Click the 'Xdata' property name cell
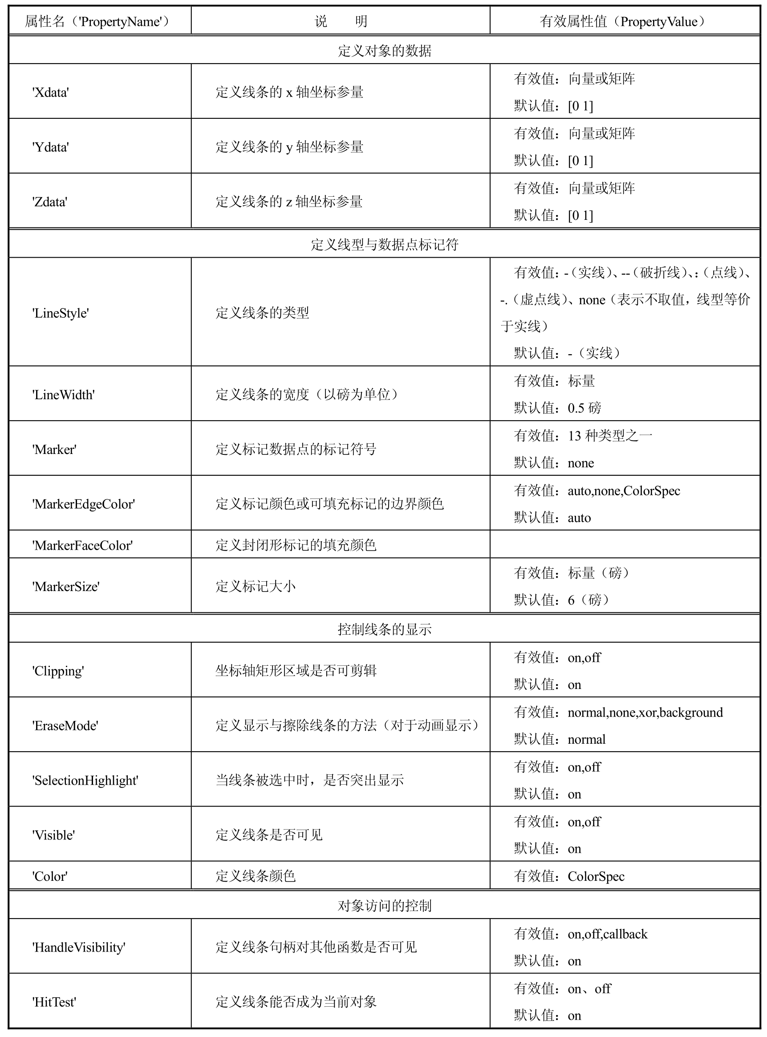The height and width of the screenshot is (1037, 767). click(51, 92)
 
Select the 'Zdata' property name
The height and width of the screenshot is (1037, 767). click(50, 202)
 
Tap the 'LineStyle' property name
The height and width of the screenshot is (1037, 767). click(61, 313)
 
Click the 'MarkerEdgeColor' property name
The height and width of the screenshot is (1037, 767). click(84, 504)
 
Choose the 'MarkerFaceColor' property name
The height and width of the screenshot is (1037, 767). click(83, 545)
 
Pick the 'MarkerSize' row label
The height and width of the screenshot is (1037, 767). click(66, 586)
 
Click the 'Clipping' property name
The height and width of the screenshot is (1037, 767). click(58, 671)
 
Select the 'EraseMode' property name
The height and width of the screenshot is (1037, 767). click(65, 725)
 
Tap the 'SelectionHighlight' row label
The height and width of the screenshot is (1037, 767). click(85, 780)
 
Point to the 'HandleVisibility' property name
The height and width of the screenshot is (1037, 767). click(79, 947)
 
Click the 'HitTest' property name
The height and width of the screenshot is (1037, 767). click(54, 1002)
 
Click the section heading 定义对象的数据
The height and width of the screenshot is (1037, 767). click(385, 50)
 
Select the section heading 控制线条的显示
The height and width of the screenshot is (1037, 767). click(385, 629)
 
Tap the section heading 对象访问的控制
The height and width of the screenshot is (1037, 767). click(385, 906)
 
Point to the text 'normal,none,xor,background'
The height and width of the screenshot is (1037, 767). click(645, 712)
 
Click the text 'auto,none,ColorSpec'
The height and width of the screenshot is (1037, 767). click(624, 490)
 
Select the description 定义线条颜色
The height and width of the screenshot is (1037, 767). click(256, 876)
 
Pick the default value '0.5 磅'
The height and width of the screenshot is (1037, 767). click(584, 408)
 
